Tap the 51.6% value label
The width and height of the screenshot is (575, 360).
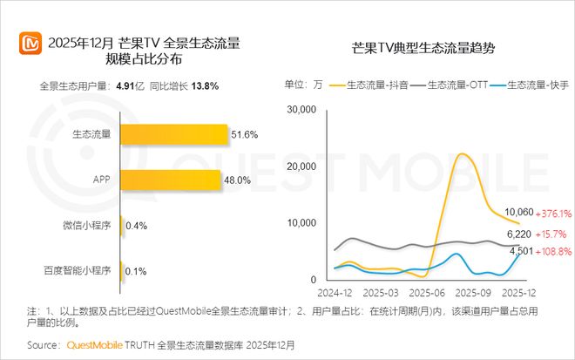pyautogui.click(x=245, y=134)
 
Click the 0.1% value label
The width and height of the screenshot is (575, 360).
pyautogui.click(x=136, y=271)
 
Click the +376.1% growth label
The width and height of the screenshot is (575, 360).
pyautogui.click(x=555, y=213)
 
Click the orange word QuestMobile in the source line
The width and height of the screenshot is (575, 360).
pyautogui.click(x=99, y=345)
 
